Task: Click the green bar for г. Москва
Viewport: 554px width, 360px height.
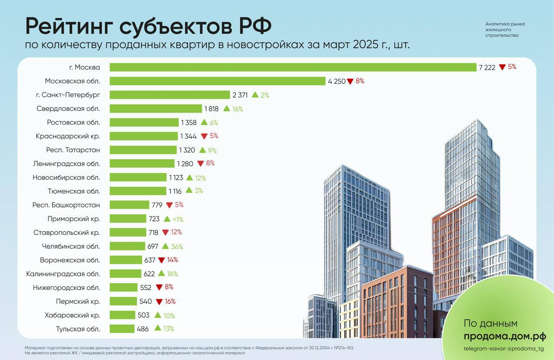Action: coord(293,67)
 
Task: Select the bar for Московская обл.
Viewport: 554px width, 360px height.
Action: coord(217,81)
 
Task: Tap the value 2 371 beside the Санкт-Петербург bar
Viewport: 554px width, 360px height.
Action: coord(240,95)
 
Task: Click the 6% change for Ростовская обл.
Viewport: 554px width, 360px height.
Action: coord(214,123)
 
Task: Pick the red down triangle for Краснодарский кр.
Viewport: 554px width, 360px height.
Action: coord(204,136)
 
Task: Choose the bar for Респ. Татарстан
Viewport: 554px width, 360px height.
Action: coord(143,150)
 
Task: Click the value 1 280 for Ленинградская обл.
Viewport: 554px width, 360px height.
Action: coord(185,164)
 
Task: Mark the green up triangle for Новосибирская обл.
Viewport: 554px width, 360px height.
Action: coord(190,177)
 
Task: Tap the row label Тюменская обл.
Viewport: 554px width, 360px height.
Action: coord(74,191)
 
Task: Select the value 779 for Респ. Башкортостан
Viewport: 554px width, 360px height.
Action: coord(156,205)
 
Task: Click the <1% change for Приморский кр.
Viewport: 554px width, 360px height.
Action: coord(178,219)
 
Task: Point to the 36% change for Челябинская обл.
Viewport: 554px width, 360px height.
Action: coord(177,247)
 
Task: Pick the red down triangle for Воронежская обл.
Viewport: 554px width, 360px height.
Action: coord(161,260)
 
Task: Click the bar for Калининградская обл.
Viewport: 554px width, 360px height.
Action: coord(126,274)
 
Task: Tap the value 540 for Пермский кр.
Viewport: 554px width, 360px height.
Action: coord(145,302)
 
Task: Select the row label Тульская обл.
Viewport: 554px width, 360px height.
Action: coord(78,329)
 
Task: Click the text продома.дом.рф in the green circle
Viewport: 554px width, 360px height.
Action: coord(505,336)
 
